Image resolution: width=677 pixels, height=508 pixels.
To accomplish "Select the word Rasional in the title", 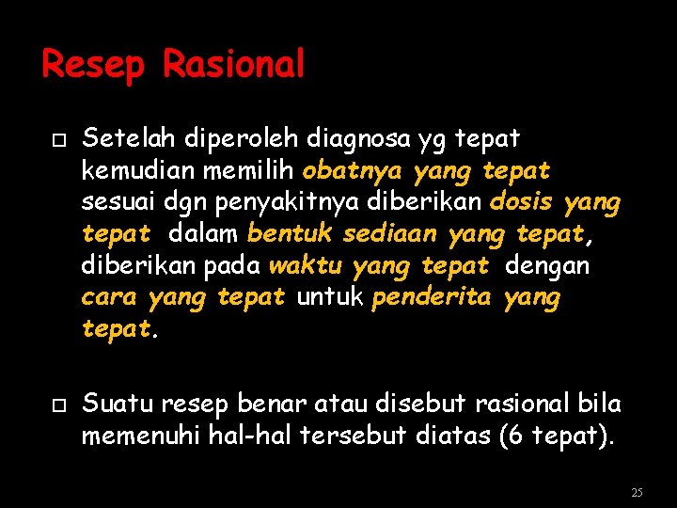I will coord(234,64).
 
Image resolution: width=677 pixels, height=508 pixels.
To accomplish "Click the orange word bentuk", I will coord(291,233).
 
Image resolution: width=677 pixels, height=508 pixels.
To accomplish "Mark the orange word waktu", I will coord(306,265).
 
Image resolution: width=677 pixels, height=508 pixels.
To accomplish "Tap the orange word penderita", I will coord(432,298).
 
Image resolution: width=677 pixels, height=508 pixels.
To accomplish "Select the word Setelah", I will coord(121,139).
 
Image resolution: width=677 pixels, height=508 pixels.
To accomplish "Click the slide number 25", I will coord(637,492).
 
